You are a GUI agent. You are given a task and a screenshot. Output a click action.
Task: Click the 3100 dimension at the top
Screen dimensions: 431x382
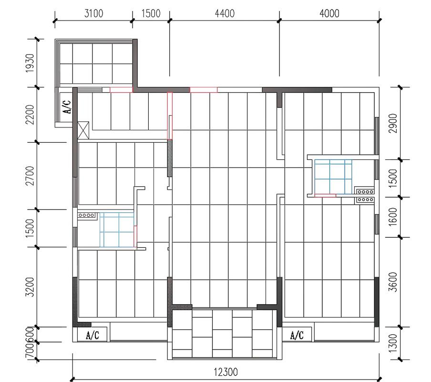click(x=94, y=13)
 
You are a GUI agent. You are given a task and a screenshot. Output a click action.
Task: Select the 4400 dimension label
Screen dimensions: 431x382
click(x=225, y=13)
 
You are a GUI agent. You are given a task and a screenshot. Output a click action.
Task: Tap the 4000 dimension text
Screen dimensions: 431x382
click(x=329, y=13)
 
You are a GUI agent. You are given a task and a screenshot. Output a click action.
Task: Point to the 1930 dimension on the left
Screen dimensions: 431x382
click(x=30, y=63)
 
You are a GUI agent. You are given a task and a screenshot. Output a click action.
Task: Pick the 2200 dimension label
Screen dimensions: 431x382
click(x=30, y=115)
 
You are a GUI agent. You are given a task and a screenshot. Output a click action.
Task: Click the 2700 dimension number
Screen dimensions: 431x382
click(x=30, y=176)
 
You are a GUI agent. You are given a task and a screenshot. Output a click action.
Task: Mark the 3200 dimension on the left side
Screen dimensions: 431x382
click(x=30, y=287)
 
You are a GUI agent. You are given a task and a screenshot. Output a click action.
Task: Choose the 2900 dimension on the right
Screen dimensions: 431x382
click(x=393, y=123)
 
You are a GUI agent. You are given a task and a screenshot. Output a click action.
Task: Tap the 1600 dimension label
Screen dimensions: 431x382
click(x=393, y=217)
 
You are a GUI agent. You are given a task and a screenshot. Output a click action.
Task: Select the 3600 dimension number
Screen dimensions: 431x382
click(x=393, y=282)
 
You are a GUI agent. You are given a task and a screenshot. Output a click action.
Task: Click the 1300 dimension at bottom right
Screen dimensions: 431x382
click(x=393, y=343)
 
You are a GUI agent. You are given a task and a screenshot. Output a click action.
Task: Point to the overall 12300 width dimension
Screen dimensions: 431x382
click(x=226, y=372)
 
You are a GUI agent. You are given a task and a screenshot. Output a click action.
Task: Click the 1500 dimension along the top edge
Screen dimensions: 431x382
click(x=151, y=13)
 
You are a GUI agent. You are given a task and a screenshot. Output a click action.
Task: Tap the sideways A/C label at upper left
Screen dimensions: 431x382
click(x=67, y=107)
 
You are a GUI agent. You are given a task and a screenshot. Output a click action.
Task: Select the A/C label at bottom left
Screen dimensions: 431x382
click(x=92, y=335)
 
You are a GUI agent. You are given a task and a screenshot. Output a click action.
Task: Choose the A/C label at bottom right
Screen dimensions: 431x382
click(x=297, y=335)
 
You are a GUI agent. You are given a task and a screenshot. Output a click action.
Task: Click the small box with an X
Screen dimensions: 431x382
click(x=83, y=130)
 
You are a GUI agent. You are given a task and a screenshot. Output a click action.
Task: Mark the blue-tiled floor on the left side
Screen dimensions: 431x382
click(x=117, y=230)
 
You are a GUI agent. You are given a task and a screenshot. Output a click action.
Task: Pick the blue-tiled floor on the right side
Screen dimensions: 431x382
click(x=333, y=177)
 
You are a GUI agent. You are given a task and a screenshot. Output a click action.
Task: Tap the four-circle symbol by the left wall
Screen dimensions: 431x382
click(x=86, y=215)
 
